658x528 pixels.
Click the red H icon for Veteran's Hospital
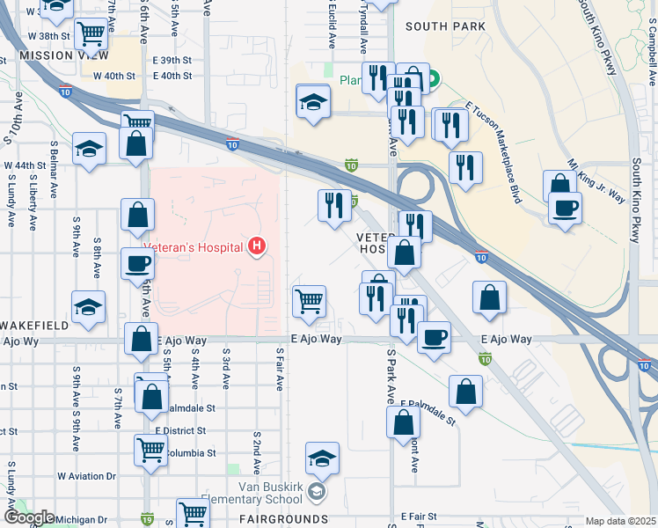point(257,246)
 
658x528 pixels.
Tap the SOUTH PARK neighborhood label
point(445,27)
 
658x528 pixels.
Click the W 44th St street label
point(25,165)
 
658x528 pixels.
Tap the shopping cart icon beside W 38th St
point(91,34)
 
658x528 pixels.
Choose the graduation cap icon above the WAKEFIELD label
point(89,307)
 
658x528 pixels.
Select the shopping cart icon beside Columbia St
point(150,450)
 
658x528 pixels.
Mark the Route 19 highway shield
point(145,519)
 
